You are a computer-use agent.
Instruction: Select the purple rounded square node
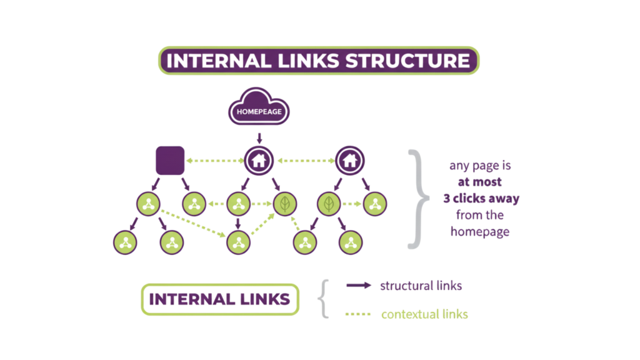point(170,161)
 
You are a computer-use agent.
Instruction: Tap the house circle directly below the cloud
point(259,161)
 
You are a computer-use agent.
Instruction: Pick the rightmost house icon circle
point(349,161)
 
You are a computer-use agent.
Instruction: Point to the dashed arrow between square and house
point(214,161)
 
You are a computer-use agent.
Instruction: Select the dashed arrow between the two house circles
point(304,161)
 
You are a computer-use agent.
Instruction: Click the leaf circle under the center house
point(285,203)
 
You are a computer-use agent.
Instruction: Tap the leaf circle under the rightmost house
point(329,203)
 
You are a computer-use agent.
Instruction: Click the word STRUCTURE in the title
point(407,61)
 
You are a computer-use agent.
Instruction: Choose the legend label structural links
point(421,286)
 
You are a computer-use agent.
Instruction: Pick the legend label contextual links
point(424,314)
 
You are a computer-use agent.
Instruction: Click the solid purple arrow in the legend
point(359,286)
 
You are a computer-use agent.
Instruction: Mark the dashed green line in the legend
point(358,314)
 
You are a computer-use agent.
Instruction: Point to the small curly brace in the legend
point(322,299)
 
